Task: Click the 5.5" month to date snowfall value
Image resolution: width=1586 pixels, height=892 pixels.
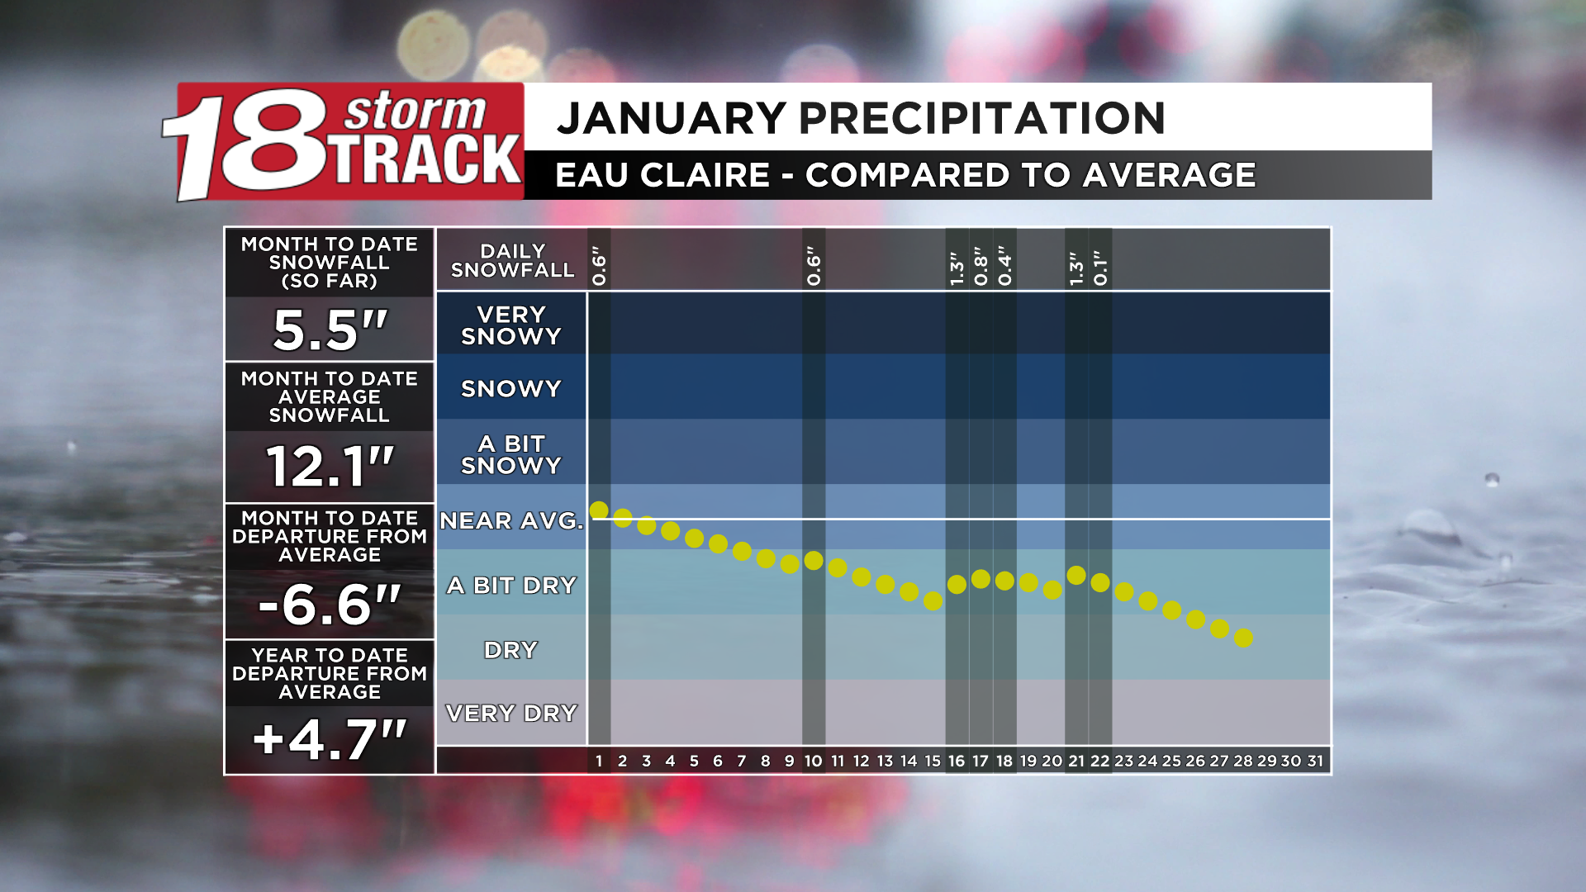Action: click(x=330, y=330)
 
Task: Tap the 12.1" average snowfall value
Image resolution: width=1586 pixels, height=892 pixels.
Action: click(x=330, y=467)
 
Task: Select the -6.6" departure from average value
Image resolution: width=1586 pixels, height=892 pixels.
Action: click(x=330, y=605)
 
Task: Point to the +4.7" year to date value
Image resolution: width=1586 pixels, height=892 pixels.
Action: click(x=330, y=739)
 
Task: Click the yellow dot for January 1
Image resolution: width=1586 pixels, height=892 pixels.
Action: click(x=599, y=510)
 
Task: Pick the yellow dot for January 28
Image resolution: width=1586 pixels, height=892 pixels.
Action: click(x=1243, y=638)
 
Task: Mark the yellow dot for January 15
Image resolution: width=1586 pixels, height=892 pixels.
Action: click(x=933, y=601)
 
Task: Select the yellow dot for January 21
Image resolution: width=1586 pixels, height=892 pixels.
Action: click(x=1076, y=575)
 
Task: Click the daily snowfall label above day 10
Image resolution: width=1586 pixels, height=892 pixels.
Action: click(x=814, y=266)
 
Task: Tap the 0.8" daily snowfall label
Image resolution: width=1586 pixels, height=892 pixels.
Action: click(x=981, y=266)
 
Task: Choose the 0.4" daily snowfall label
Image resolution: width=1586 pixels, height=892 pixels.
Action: click(x=1004, y=266)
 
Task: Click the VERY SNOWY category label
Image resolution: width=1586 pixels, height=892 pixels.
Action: click(x=511, y=325)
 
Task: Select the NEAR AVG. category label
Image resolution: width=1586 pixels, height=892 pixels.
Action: click(x=511, y=521)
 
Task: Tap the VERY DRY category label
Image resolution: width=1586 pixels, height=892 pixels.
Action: click(x=511, y=713)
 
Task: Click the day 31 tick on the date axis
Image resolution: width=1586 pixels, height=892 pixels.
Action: click(x=1315, y=761)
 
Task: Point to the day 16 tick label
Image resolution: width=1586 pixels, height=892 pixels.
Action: click(x=957, y=761)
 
